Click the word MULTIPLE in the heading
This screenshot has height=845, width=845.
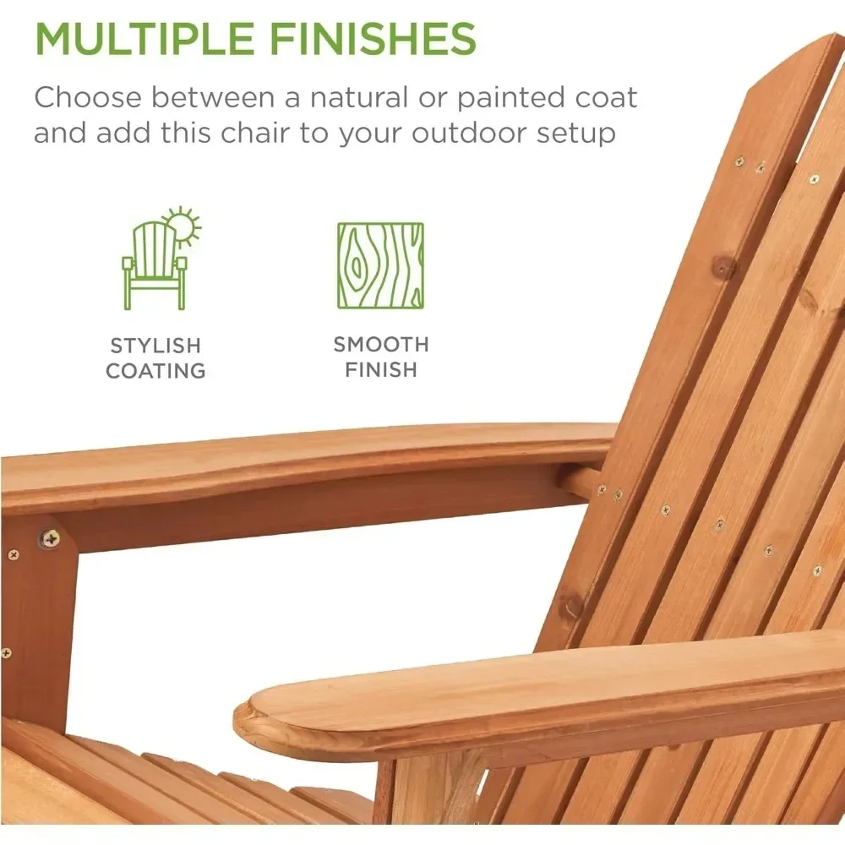[144, 38]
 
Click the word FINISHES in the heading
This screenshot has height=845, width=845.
[373, 38]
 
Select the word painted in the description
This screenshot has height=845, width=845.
[511, 99]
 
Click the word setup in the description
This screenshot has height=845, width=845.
[575, 134]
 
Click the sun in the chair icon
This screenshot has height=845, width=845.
[183, 226]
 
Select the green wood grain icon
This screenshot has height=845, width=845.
[380, 265]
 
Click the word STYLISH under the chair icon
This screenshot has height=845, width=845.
[155, 346]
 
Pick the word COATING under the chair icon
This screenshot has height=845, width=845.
[155, 371]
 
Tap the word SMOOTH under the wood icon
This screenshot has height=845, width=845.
[381, 345]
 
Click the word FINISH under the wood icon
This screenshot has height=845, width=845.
[381, 370]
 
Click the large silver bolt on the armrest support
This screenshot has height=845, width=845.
[51, 537]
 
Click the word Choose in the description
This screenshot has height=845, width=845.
[87, 97]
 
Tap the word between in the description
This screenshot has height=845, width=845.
[213, 97]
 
